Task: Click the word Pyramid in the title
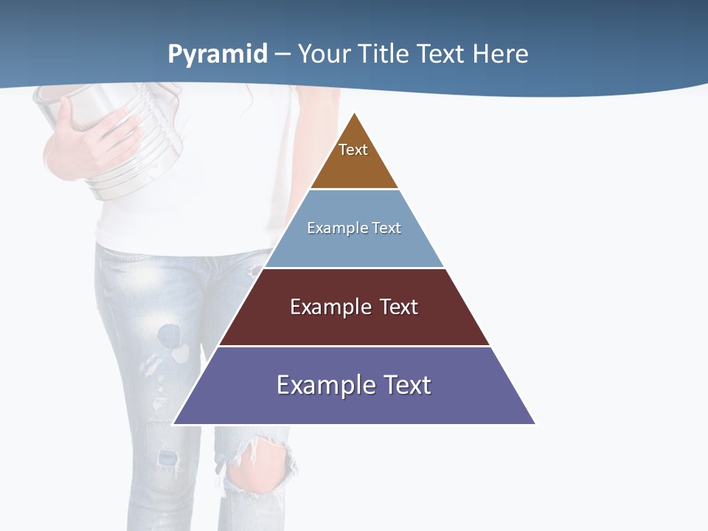[x=218, y=54]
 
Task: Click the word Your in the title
[x=325, y=54]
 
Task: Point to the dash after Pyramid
[x=282, y=55]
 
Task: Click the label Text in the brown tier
[x=353, y=150]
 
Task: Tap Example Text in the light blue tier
[x=354, y=228]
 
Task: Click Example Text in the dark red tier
[x=354, y=307]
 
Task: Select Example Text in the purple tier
[x=354, y=385]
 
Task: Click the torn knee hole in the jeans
[x=258, y=468]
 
